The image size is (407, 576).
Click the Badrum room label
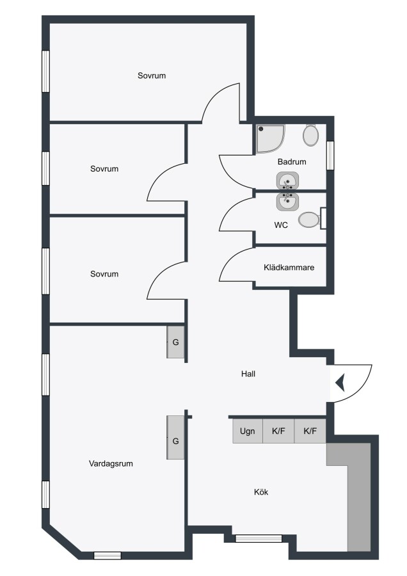(x=292, y=162)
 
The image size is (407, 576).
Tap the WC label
(x=281, y=225)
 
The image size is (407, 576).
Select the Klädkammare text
(x=289, y=268)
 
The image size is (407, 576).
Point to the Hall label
(x=248, y=374)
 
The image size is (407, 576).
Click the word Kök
(x=261, y=492)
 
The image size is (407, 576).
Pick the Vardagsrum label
(x=111, y=463)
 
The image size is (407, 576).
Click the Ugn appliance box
(x=248, y=431)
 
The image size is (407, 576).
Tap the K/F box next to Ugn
(x=278, y=431)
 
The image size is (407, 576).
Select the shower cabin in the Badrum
(x=271, y=139)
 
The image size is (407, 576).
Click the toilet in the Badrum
(x=311, y=135)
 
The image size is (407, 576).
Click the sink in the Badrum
(x=287, y=181)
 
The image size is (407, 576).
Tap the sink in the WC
(x=287, y=202)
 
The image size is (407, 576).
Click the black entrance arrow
(x=340, y=383)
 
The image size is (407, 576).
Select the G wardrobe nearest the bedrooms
(x=175, y=342)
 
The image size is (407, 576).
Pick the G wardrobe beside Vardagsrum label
(x=175, y=438)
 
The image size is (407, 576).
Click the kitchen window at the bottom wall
(x=259, y=538)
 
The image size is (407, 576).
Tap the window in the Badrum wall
(x=330, y=156)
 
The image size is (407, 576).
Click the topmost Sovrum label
(x=152, y=76)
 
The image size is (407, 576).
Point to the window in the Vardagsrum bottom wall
(x=108, y=556)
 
